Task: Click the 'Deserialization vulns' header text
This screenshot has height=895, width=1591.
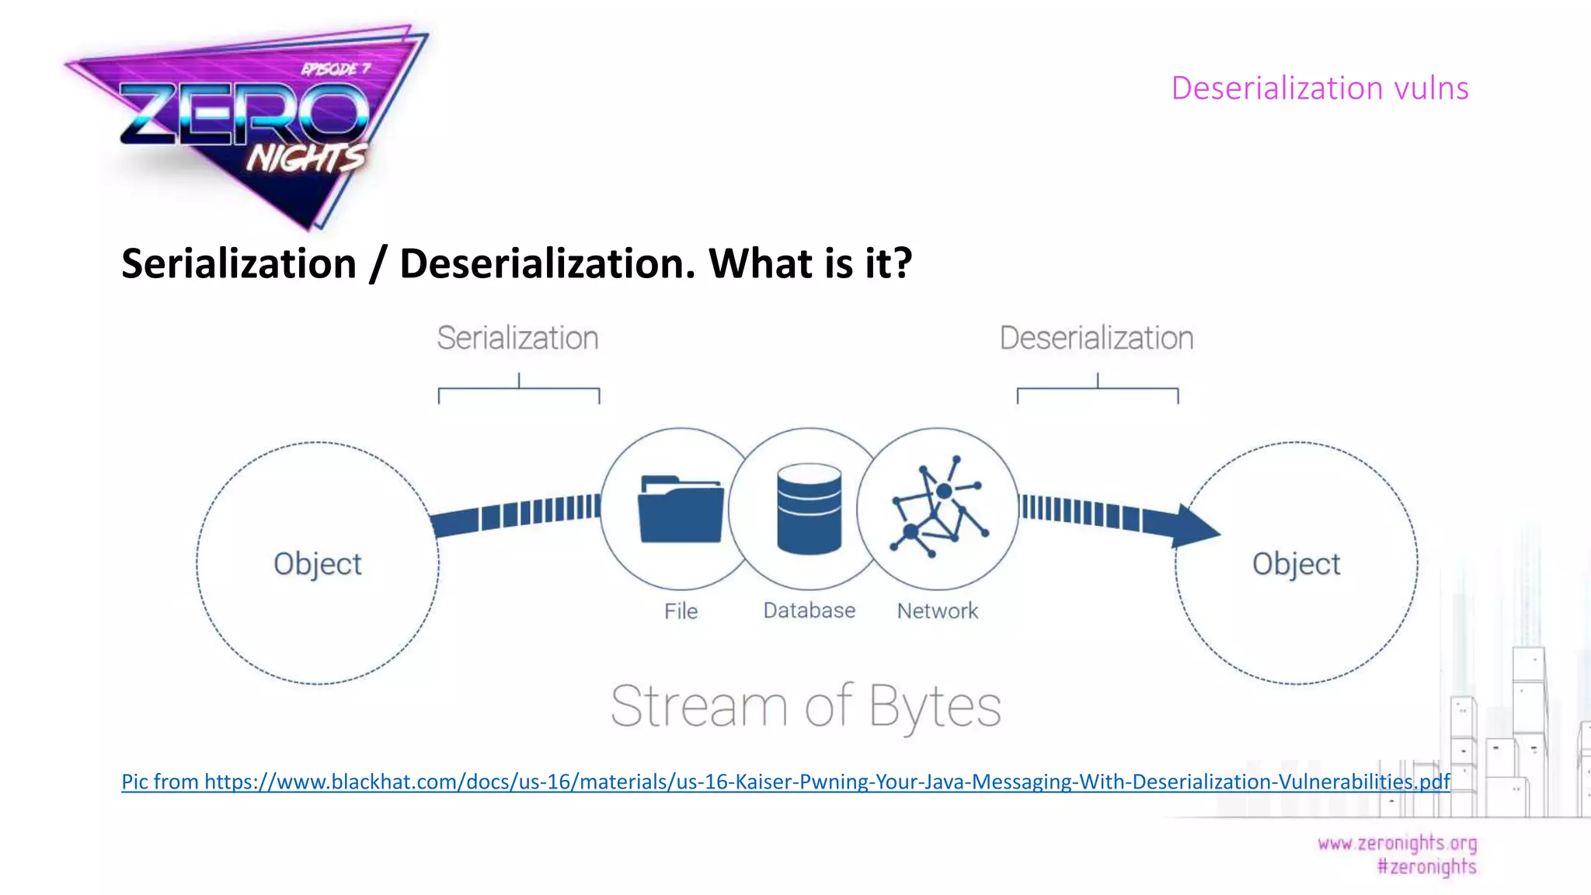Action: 1319,88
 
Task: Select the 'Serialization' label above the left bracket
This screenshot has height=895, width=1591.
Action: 517,338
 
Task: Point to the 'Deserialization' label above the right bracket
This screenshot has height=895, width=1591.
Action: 1096,338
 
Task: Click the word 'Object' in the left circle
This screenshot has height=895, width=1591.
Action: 318,564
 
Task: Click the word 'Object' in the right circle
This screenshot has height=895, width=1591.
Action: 1296,564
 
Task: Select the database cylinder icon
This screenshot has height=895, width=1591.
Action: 809,509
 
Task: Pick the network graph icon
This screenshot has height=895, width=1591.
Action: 938,507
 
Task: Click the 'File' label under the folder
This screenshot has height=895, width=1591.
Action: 681,611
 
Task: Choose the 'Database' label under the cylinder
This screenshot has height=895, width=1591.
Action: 809,611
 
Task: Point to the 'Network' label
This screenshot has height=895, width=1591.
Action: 938,611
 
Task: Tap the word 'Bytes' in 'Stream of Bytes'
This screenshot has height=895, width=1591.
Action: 935,707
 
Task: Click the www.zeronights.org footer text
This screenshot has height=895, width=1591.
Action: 1397,843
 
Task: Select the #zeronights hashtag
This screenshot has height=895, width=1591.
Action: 1426,866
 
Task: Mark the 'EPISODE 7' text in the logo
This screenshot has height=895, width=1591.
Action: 336,69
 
